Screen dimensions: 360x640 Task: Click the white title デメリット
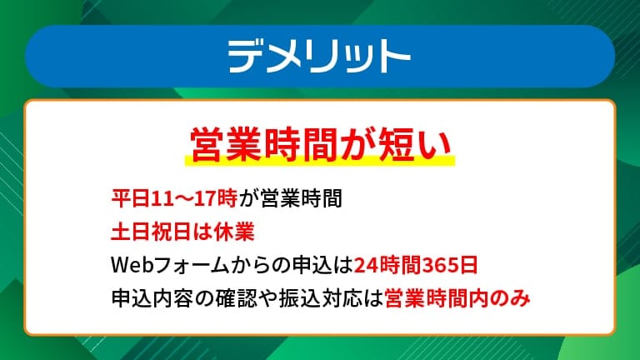click(319, 56)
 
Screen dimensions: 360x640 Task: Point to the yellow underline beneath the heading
click(319, 161)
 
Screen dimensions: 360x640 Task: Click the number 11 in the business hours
click(157, 199)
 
